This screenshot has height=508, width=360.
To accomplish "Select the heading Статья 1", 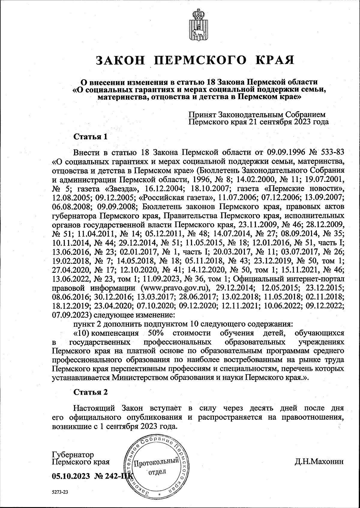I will pos(90,137).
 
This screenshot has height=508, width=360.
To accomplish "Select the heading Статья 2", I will pos(90,392).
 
